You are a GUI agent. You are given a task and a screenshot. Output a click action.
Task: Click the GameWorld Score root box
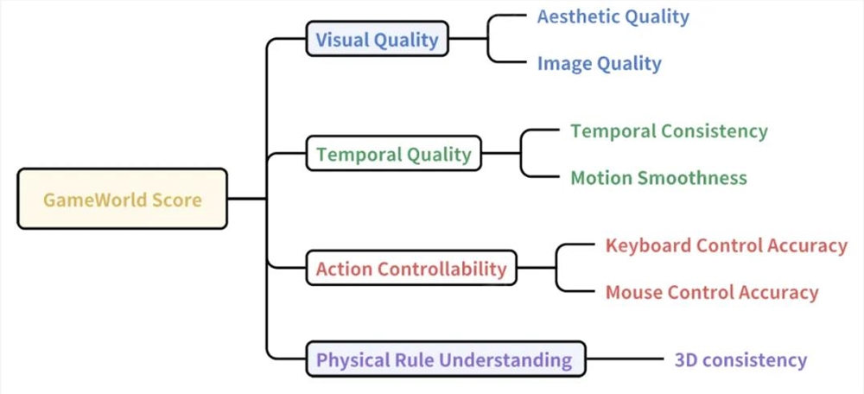pyautogui.click(x=123, y=199)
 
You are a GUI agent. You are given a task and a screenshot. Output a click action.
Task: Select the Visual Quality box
pyautogui.click(x=378, y=39)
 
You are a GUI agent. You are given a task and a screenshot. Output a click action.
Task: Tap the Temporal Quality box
pyautogui.click(x=394, y=153)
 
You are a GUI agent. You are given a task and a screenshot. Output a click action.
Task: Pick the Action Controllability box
pyautogui.click(x=411, y=268)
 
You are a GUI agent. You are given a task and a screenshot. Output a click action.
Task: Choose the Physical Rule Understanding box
pyautogui.click(x=446, y=359)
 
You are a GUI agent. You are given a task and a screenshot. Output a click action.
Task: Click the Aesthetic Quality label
pyautogui.click(x=613, y=16)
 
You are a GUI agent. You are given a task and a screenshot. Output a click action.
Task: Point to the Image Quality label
pyautogui.click(x=600, y=63)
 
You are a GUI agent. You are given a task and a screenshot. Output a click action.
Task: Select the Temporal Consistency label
pyautogui.click(x=669, y=131)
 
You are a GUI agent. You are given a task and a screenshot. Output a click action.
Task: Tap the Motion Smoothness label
pyautogui.click(x=659, y=177)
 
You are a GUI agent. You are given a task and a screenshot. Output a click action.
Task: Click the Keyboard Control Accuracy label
pyautogui.click(x=727, y=245)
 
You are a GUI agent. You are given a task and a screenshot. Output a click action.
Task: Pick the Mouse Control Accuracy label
pyautogui.click(x=712, y=292)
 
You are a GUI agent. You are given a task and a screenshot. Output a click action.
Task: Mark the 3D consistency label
pyautogui.click(x=740, y=360)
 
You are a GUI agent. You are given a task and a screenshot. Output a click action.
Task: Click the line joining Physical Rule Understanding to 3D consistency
pyautogui.click(x=626, y=359)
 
